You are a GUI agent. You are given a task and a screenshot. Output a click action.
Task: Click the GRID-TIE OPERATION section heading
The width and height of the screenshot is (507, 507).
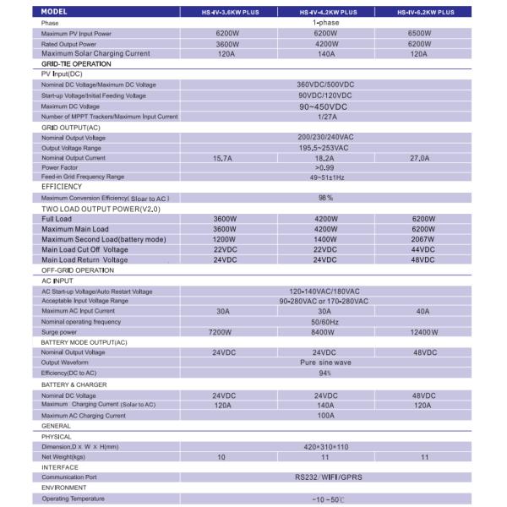(x=76, y=64)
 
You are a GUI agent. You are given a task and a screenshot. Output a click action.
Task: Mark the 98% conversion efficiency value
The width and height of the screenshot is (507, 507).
(x=324, y=198)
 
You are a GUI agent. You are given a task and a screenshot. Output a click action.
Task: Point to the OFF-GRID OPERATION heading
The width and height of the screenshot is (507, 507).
(x=78, y=270)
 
